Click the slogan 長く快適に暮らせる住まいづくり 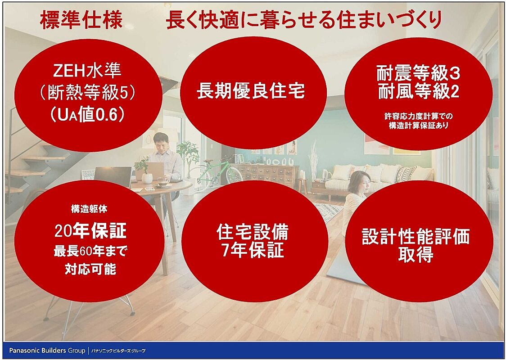pyautogui.click(x=304, y=20)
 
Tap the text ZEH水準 pyautogui.click(x=87, y=71)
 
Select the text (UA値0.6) pyautogui.click(x=87, y=114)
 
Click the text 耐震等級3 pyautogui.click(x=418, y=74)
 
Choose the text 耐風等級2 pyautogui.click(x=418, y=92)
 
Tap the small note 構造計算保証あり pyautogui.click(x=418, y=126)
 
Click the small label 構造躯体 pyautogui.click(x=89, y=209)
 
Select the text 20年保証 pyautogui.click(x=90, y=230)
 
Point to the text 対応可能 pyautogui.click(x=90, y=269)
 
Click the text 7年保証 pyautogui.click(x=253, y=250)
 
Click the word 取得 pyautogui.click(x=416, y=255)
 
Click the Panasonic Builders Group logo pyautogui.click(x=47, y=350)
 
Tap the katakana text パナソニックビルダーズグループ pyautogui.click(x=118, y=351)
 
